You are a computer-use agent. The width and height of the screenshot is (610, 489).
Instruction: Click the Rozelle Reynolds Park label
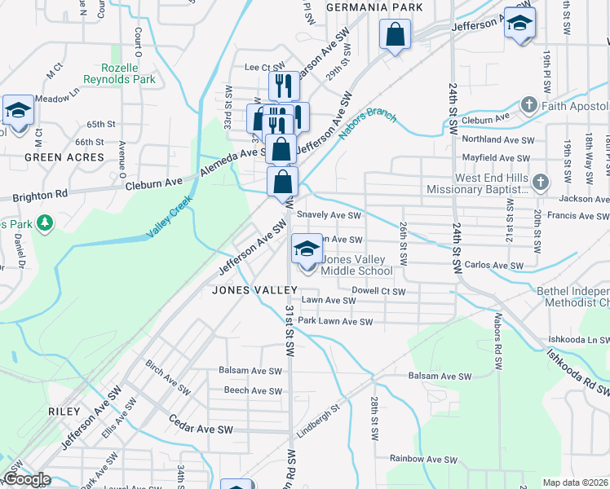coord(118,74)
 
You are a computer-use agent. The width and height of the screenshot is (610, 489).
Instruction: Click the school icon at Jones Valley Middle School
coord(307,249)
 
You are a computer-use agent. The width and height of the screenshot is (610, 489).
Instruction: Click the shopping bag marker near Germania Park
coord(395,34)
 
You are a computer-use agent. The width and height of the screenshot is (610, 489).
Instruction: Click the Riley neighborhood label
coord(64,412)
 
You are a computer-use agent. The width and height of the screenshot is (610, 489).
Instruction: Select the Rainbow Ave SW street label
coord(419,459)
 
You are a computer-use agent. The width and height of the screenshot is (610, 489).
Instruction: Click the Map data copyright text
coord(575,482)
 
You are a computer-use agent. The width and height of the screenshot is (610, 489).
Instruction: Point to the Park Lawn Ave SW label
coord(334,322)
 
